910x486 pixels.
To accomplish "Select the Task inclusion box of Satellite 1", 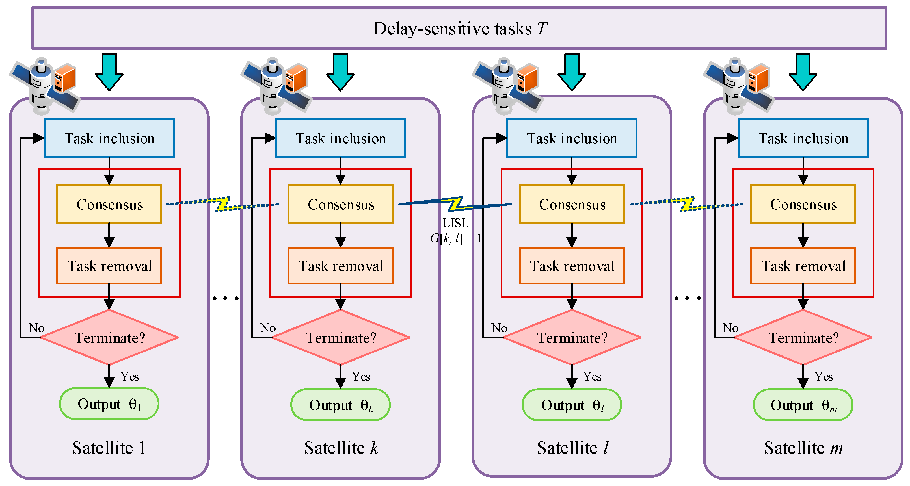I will point(109,138).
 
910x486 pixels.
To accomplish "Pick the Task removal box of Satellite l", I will point(572,266).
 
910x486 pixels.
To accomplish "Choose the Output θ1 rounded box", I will point(109,404).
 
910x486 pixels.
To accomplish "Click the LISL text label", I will point(455,223).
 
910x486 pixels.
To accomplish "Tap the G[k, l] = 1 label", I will point(455,238).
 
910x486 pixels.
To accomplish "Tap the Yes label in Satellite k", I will point(361,376).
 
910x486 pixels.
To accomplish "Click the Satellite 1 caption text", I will point(109,448).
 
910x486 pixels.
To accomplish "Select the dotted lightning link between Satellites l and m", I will point(687,204).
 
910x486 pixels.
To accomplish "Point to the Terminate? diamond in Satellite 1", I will point(109,337).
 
